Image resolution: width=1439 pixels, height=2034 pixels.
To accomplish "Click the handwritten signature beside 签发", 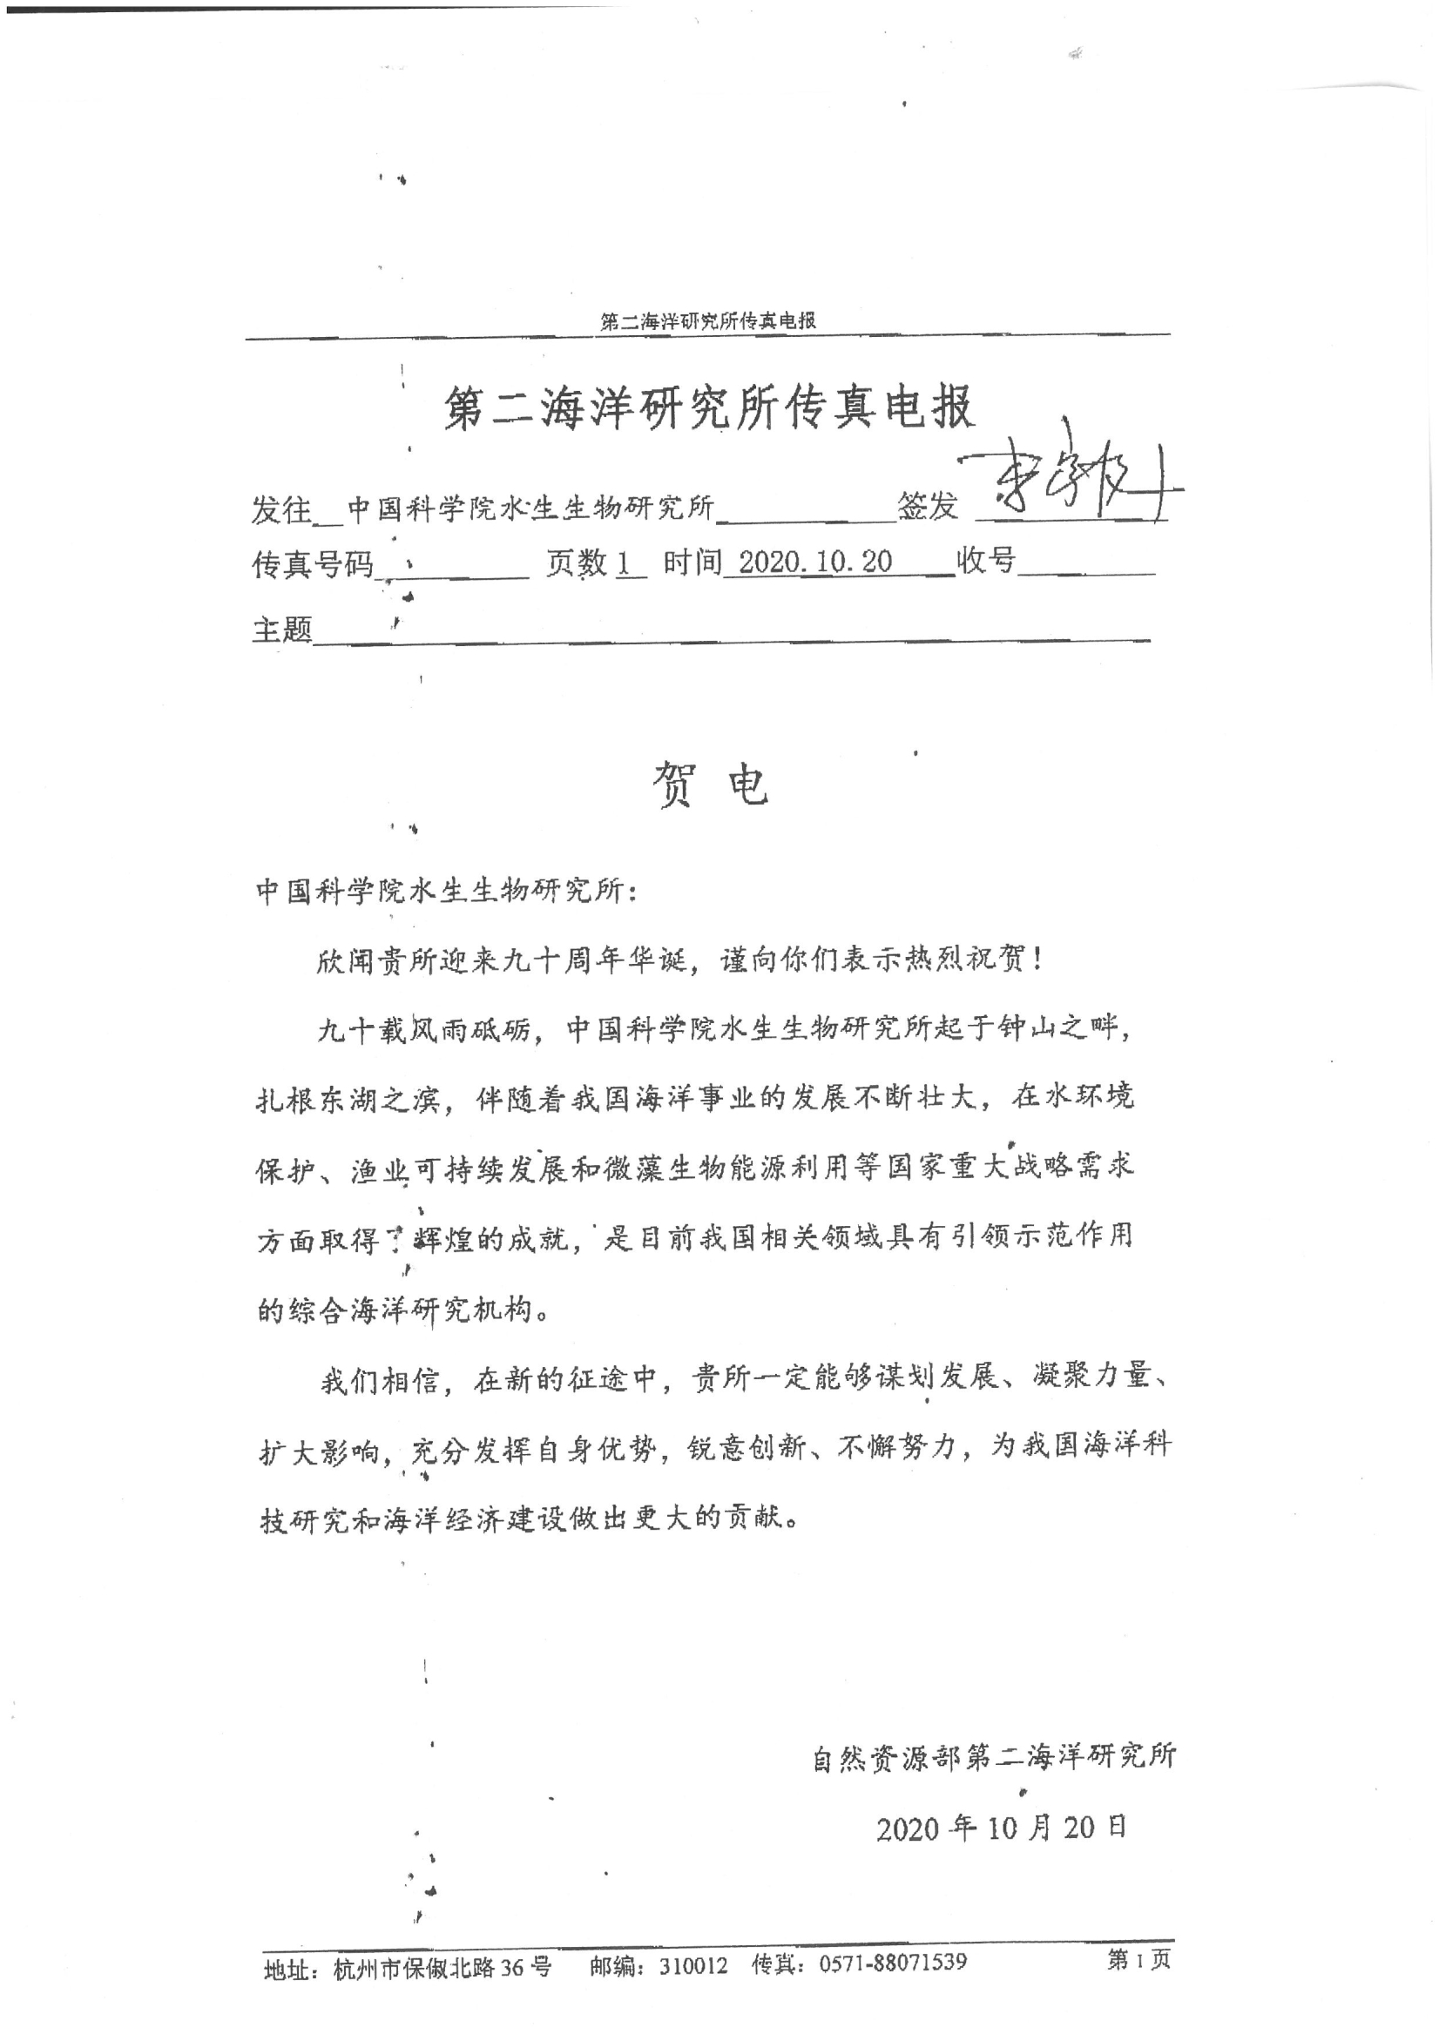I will (x=1072, y=486).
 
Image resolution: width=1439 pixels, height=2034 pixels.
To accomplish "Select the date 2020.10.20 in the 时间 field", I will (x=814, y=562).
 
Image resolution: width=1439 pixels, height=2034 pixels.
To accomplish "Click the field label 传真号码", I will (x=313, y=564).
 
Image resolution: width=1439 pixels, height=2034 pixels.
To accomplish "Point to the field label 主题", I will (x=281, y=630).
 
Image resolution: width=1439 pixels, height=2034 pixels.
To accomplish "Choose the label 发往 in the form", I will (x=281, y=508).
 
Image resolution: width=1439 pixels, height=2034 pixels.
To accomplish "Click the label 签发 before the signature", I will (x=927, y=507).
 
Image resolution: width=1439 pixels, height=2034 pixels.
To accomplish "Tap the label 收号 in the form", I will (x=985, y=560).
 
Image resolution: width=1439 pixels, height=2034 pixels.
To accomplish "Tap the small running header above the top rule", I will (x=708, y=321).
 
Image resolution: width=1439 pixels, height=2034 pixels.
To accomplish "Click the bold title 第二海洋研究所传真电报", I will (x=708, y=408).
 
